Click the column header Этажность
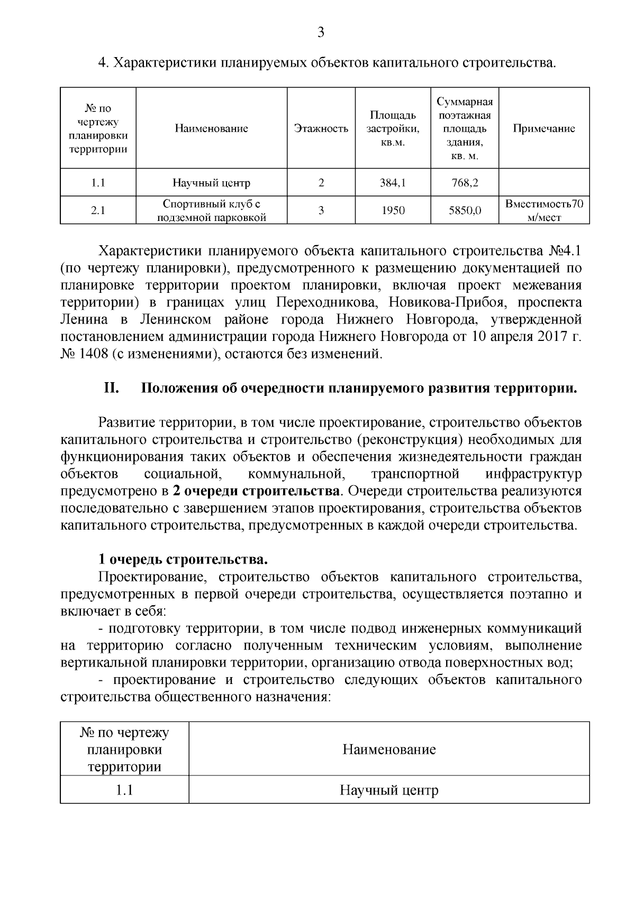click(x=321, y=128)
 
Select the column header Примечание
click(x=544, y=128)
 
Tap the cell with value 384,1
click(x=393, y=183)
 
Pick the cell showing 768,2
click(x=465, y=183)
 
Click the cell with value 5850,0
click(x=465, y=210)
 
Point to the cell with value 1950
click(x=393, y=210)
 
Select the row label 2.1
click(x=98, y=210)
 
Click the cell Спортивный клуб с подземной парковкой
click(x=212, y=210)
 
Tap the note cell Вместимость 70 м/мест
click(x=544, y=210)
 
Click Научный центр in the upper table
click(x=212, y=183)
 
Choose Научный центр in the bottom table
click(x=389, y=791)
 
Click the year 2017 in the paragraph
click(x=554, y=336)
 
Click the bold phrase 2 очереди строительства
click(x=256, y=491)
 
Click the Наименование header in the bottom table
click(x=389, y=749)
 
